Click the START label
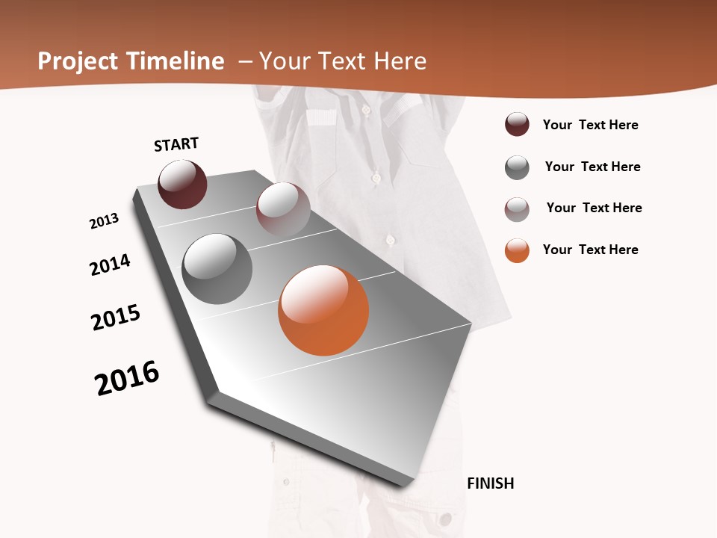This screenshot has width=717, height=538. click(176, 144)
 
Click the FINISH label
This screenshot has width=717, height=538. click(491, 483)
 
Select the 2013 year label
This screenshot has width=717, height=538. click(105, 221)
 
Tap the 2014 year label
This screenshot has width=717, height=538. click(111, 265)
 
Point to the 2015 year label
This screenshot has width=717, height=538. click(116, 317)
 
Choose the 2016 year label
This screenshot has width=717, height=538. click(127, 378)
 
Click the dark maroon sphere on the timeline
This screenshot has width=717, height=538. click(182, 184)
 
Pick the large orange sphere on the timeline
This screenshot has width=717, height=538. click(323, 310)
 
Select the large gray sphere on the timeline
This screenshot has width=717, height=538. click(217, 269)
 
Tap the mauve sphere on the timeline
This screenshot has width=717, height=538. click(283, 208)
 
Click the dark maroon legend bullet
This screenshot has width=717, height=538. click(517, 124)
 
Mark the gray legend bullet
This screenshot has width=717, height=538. click(517, 167)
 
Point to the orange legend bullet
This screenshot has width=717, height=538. click(517, 250)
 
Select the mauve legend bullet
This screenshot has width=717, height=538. click(517, 209)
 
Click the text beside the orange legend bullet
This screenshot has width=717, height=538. click(590, 250)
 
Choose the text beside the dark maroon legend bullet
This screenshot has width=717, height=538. click(590, 125)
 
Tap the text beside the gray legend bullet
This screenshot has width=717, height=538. click(592, 167)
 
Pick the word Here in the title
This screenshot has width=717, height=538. click(400, 61)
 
